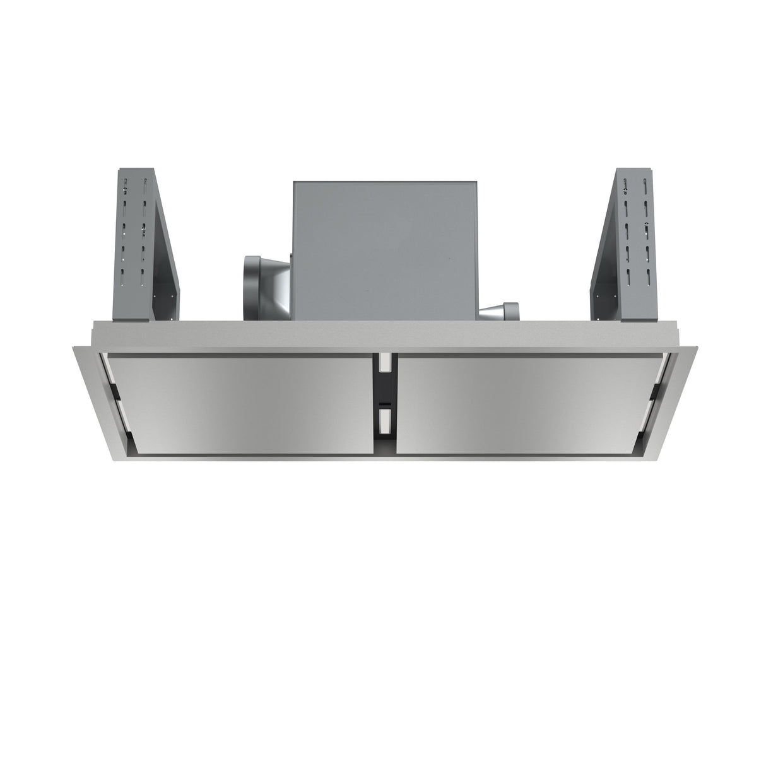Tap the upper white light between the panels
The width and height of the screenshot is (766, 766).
(383, 362)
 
